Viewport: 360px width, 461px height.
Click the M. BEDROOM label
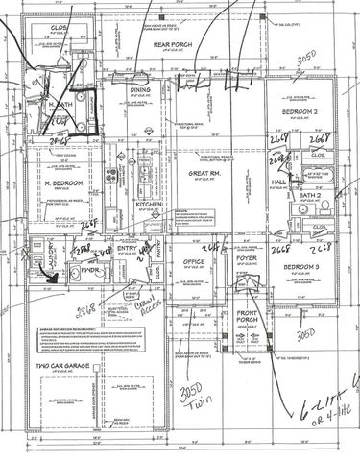tap(60, 182)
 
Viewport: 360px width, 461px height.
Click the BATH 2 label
tap(282, 194)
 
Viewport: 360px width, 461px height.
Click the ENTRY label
tap(127, 249)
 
